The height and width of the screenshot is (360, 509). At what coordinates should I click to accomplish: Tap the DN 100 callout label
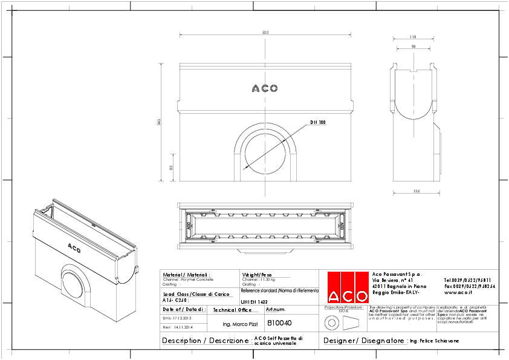click(x=318, y=122)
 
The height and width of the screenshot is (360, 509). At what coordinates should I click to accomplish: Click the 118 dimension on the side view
click(x=412, y=36)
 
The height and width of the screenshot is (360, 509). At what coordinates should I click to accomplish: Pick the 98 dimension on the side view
click(x=412, y=47)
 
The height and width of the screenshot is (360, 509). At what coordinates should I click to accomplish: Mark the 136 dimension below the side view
click(x=414, y=192)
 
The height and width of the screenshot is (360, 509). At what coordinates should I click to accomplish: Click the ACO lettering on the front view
click(x=265, y=88)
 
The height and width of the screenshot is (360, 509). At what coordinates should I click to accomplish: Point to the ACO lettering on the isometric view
click(x=74, y=247)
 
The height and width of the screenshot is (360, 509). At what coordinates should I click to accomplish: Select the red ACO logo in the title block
click(x=348, y=287)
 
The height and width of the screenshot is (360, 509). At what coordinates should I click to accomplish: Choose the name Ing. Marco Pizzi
click(x=232, y=324)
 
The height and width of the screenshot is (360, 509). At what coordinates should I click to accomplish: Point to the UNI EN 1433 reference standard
click(x=253, y=301)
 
